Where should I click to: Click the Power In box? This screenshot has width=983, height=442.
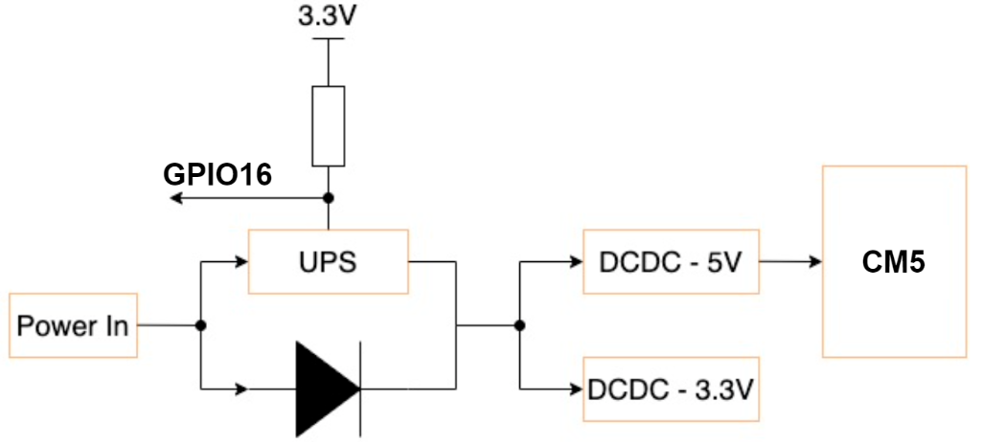72,325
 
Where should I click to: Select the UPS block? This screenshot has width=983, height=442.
328,261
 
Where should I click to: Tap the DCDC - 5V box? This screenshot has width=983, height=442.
671,261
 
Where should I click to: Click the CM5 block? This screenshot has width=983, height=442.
893,262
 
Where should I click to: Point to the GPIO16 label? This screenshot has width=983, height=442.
218,174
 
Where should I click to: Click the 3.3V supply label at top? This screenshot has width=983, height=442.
328,16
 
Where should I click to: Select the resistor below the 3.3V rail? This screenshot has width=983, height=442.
328,126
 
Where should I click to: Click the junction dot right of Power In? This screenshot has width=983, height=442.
201,325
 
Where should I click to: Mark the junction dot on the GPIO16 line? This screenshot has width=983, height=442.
328,198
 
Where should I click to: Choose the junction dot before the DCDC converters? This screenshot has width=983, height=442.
519,325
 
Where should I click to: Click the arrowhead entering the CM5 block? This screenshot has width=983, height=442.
814,261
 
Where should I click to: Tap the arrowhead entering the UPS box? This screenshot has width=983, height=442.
241,261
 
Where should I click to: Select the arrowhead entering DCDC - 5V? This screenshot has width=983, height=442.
576,261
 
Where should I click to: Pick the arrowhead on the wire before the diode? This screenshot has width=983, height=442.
241,388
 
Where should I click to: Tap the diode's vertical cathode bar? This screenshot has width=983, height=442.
360,388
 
